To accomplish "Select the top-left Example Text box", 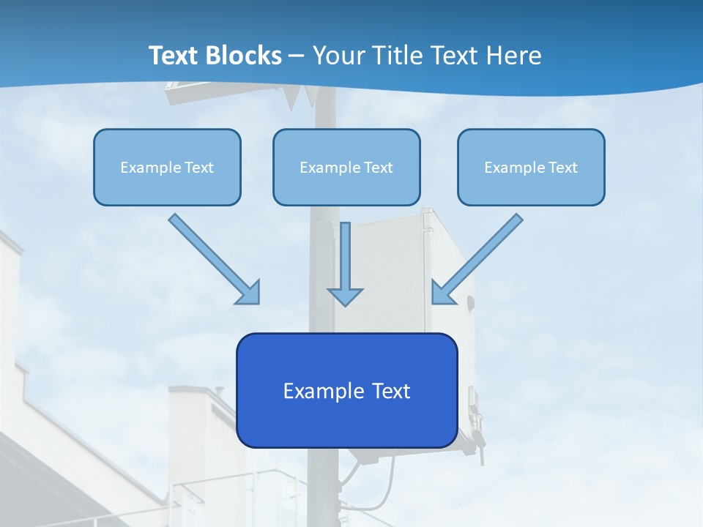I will click(167, 167).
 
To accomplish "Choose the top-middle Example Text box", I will click(346, 167).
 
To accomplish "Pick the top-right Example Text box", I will click(531, 167).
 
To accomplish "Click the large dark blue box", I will click(346, 390).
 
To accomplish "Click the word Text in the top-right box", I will click(563, 168).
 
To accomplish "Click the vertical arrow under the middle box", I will click(345, 260).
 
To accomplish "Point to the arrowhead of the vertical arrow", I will click(345, 296).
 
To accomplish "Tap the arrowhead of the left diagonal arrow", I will click(250, 293).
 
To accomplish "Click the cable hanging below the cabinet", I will click(386, 487).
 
